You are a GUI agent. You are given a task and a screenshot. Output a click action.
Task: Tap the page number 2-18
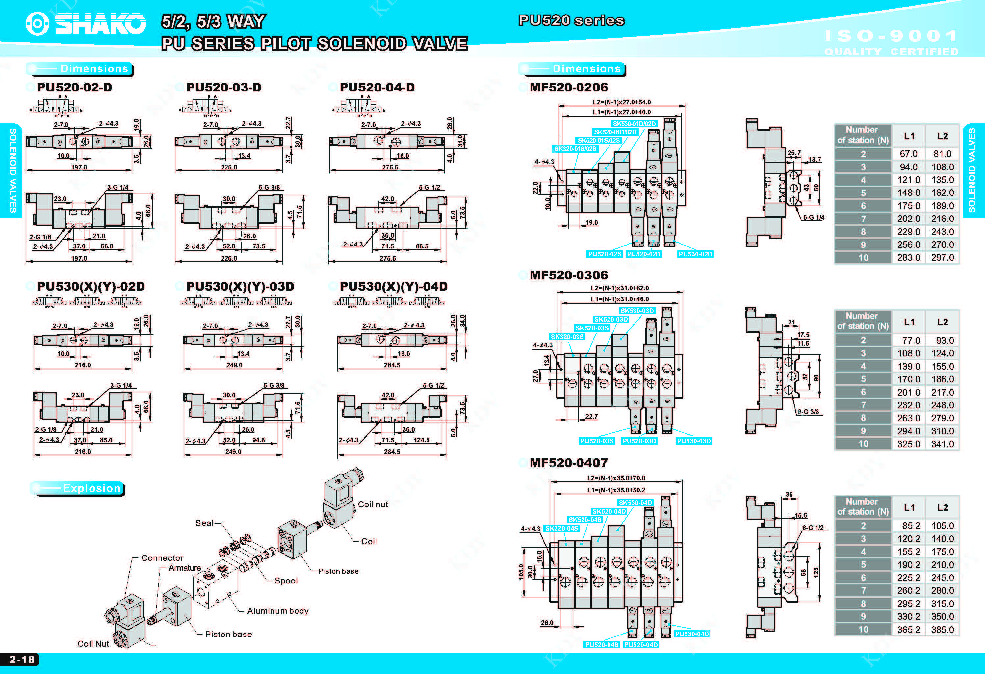(22, 659)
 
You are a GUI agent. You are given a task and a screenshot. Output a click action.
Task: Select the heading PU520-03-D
(224, 87)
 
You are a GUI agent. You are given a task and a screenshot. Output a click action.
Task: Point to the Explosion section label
(91, 488)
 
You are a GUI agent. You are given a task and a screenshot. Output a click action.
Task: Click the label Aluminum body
(278, 611)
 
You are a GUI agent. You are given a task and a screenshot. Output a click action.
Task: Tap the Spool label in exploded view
(286, 581)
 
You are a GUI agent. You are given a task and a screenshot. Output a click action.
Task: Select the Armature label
(185, 568)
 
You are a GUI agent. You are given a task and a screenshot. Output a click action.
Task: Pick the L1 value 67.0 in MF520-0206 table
(908, 154)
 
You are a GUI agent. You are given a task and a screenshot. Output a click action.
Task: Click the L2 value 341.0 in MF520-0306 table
(942, 444)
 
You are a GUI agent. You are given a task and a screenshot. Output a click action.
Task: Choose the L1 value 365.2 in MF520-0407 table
(908, 630)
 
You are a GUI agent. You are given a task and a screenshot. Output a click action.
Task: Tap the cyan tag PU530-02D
(695, 254)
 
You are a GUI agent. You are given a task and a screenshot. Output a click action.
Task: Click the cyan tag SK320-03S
(567, 337)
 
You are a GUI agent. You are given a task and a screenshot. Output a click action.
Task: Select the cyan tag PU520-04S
(601, 645)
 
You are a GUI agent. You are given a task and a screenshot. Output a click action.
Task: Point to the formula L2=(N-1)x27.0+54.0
(621, 102)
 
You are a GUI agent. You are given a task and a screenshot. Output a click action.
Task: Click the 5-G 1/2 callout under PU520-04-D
(429, 187)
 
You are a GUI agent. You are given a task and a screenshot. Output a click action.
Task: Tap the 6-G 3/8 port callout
(808, 412)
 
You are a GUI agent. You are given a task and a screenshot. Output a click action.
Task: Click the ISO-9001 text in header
(891, 36)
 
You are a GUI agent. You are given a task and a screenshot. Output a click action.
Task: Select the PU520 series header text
(571, 20)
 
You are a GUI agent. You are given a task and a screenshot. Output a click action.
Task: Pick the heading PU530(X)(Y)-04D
(393, 287)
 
